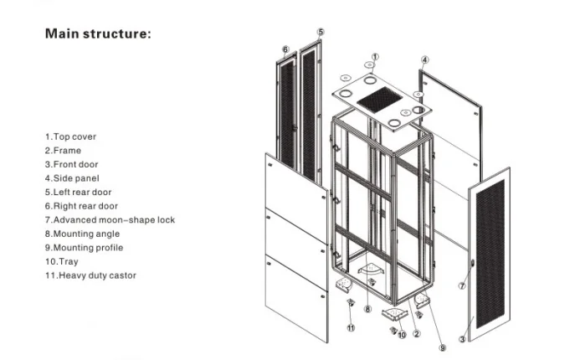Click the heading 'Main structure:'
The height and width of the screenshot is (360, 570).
coord(98,34)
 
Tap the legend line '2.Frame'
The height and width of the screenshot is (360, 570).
coord(64,151)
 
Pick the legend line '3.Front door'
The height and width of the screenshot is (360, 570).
coord(72,165)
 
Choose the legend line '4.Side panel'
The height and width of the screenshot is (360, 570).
coord(73,178)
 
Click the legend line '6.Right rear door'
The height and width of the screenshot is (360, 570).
coord(82,206)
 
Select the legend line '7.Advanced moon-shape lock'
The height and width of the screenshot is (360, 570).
coord(110,220)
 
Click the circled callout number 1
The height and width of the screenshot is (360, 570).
coord(376,56)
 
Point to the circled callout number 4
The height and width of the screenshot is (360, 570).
coord(425,60)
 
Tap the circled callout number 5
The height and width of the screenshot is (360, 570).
coord(321,32)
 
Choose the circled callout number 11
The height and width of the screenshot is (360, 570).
coord(352,329)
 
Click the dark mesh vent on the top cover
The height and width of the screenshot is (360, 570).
coord(381,100)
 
